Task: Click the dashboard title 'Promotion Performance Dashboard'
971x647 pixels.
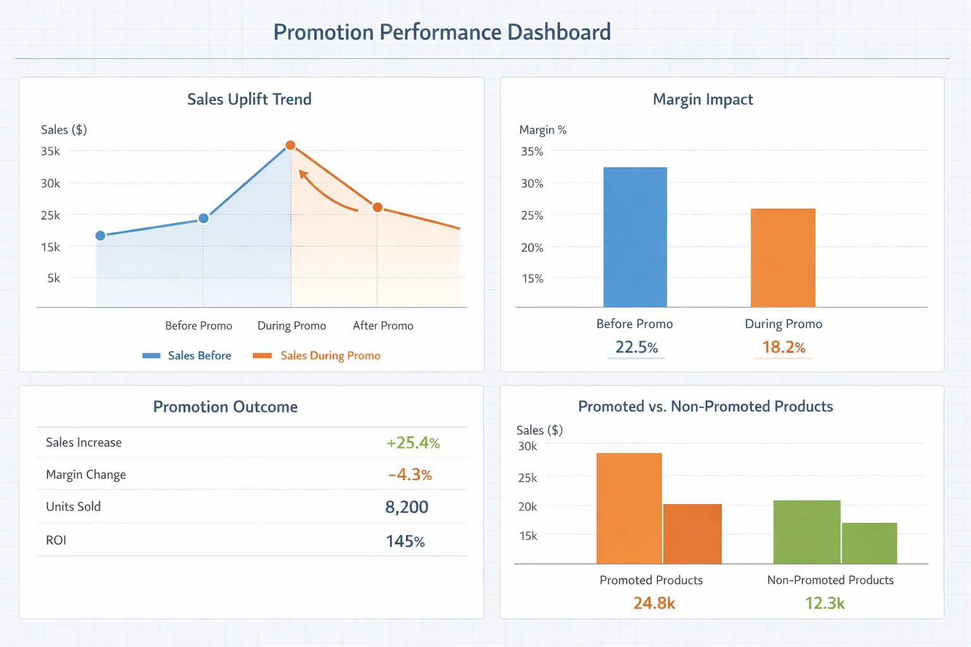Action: [x=442, y=32]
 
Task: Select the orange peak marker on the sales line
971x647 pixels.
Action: [x=290, y=145]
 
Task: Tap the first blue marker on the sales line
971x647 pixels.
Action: [x=101, y=236]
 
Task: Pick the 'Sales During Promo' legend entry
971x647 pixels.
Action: [x=317, y=356]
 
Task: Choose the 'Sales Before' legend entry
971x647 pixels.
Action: [x=187, y=356]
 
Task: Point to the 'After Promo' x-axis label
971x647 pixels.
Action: [x=383, y=325]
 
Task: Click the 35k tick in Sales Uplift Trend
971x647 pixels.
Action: [x=51, y=151]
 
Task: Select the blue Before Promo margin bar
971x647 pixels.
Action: [x=635, y=237]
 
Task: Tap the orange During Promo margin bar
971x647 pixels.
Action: [x=783, y=258]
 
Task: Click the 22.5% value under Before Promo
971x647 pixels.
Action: [x=636, y=348]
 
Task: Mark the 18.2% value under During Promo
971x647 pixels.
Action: [x=783, y=348]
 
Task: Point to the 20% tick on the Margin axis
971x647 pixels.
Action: [x=532, y=248]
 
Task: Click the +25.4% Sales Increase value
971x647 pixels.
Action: [x=413, y=443]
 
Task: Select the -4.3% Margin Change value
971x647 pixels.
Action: [x=410, y=475]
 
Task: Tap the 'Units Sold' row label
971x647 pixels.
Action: [x=73, y=507]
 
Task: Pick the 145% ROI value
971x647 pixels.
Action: [x=405, y=541]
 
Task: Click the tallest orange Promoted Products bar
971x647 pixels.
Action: [x=629, y=508]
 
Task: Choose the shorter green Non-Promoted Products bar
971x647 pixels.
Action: [x=869, y=543]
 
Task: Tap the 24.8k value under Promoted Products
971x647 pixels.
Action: [x=654, y=603]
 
